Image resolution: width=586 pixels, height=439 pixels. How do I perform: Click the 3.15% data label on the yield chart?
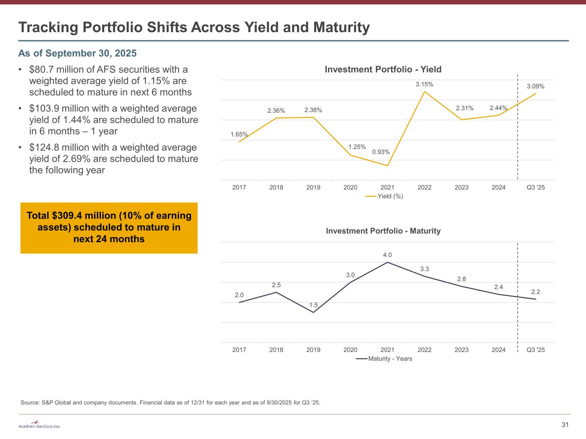pos(424,84)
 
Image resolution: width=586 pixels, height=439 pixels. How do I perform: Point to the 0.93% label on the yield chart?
pos(381,152)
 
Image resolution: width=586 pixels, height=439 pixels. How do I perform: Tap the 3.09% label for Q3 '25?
pos(535,87)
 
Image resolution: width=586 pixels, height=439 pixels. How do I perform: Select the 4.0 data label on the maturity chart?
pos(387,255)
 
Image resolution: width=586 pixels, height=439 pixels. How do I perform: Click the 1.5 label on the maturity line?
pos(313,305)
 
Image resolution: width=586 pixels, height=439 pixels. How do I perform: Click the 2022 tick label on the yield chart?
pos(424,187)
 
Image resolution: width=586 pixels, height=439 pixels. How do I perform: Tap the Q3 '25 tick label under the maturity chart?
pos(535,350)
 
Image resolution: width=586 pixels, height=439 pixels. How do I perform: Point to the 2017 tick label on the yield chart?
pos(239,187)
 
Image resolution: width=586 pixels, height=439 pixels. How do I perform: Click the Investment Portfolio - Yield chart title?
pos(383,69)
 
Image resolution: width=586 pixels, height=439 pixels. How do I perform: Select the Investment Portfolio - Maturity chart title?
pos(383,231)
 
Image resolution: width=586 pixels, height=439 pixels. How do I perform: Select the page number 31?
pos(565,425)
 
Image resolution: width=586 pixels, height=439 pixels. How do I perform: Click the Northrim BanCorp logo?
pos(39,425)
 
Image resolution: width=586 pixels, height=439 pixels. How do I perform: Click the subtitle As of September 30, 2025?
pos(77,53)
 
